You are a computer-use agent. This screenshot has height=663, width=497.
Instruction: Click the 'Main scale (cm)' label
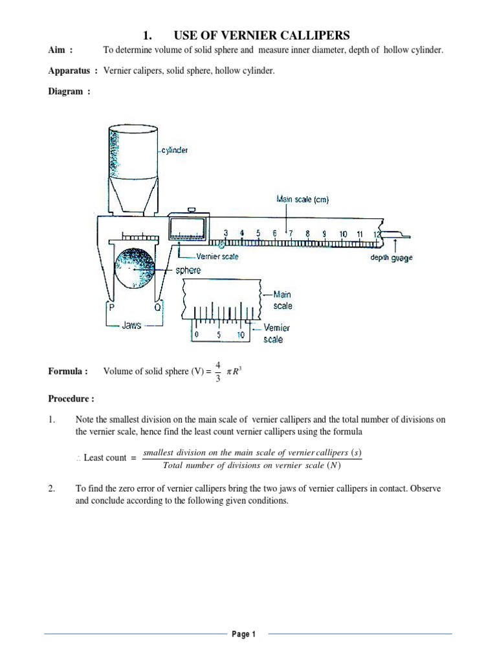[302, 200]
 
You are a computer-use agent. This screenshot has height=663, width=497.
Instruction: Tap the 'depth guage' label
[391, 258]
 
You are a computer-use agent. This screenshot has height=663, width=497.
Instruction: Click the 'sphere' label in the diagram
[188, 270]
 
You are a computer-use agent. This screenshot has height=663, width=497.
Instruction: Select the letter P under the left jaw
[111, 308]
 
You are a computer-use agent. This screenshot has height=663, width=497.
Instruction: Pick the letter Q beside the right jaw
[157, 308]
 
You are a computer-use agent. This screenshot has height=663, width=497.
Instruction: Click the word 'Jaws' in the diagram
[131, 326]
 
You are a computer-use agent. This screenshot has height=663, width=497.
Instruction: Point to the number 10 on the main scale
[342, 233]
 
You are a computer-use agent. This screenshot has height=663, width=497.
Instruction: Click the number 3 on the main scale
[226, 233]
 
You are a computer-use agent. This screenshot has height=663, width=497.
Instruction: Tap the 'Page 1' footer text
[245, 635]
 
